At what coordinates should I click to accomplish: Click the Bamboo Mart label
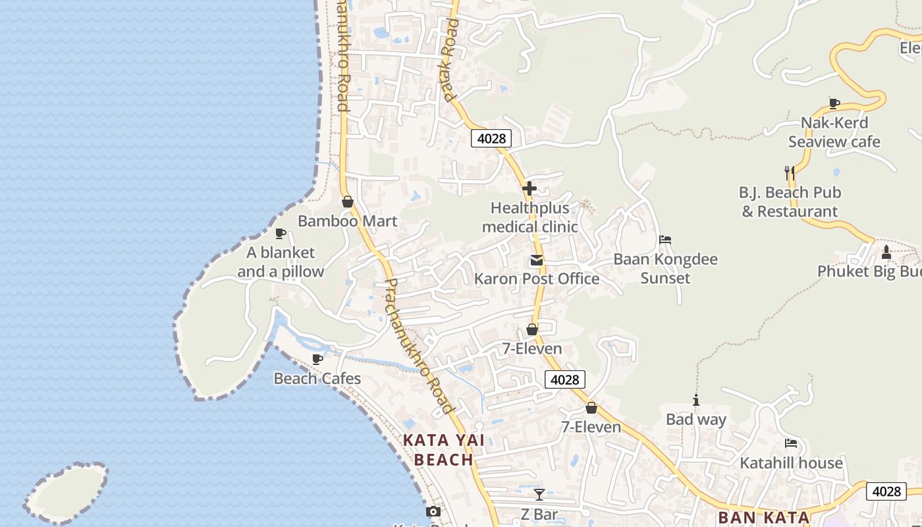pos(347,221)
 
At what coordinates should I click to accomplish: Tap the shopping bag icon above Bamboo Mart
pos(347,202)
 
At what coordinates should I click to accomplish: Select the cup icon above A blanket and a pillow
pos(281,233)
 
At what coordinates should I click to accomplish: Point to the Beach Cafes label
pos(317,379)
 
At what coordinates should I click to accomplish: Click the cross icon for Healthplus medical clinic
pos(529,189)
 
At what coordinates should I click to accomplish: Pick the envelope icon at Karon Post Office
pos(537,261)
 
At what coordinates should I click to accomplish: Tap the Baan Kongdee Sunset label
pos(665,268)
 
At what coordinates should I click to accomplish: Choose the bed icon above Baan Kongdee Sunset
pos(665,240)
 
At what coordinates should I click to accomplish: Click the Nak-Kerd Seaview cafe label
pos(834,132)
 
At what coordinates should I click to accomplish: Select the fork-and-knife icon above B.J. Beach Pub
pos(789,173)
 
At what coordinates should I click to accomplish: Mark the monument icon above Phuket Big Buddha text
pos(886,252)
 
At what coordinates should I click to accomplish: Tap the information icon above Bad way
pos(695,400)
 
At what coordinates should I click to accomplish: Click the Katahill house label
pos(791,463)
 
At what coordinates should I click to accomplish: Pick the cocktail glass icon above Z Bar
pos(539,495)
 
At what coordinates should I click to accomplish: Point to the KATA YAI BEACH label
pos(443,450)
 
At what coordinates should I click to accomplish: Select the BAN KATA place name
pos(764,518)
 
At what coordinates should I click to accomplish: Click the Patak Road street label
pos(450,59)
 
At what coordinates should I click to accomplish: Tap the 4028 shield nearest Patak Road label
pos(491,138)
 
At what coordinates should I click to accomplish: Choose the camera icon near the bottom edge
pos(433,512)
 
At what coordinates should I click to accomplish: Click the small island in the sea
pos(67,492)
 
